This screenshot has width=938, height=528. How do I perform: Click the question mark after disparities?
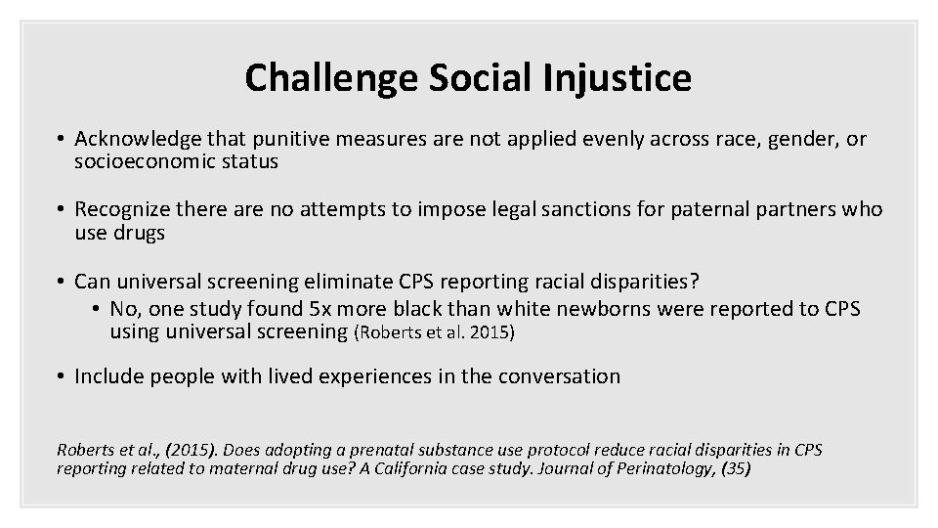(694, 281)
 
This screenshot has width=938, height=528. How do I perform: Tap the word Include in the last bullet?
(107, 376)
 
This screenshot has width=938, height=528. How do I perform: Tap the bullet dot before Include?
(61, 376)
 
